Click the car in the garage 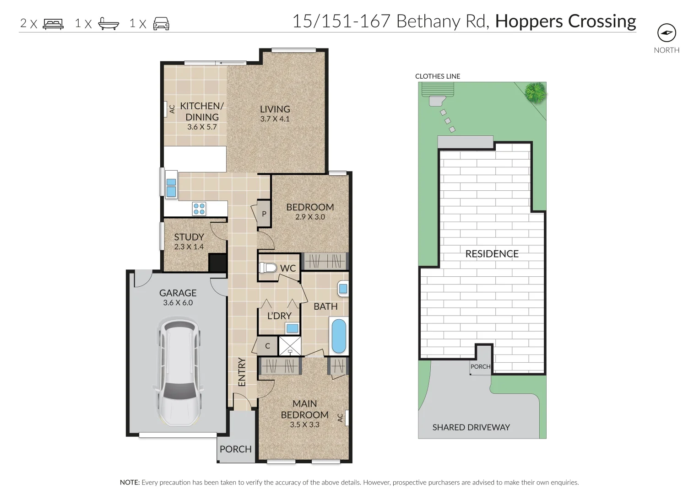click(x=178, y=373)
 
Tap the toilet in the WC click(x=268, y=268)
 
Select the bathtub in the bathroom click(x=339, y=336)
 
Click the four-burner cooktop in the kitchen click(x=199, y=209)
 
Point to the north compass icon click(x=666, y=32)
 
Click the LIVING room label click(x=275, y=109)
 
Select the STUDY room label click(x=189, y=237)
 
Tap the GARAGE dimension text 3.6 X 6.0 click(x=178, y=303)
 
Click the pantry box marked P click(x=264, y=214)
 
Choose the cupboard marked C click(x=268, y=346)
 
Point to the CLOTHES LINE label click(x=438, y=76)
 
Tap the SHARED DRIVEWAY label click(x=471, y=427)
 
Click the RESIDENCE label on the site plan click(x=492, y=254)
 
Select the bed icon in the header click(x=53, y=24)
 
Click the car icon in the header click(x=161, y=24)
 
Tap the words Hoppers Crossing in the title click(x=565, y=21)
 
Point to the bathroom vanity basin click(x=343, y=289)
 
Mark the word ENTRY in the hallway click(x=242, y=372)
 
